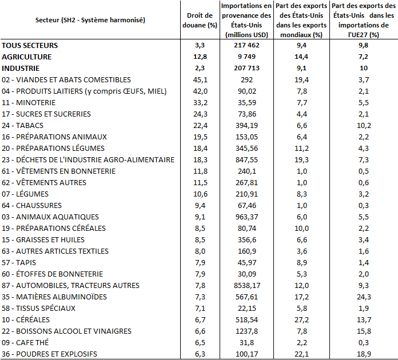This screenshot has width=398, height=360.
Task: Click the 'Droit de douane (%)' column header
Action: tap(200, 20)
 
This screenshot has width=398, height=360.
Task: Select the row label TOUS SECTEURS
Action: tap(30, 45)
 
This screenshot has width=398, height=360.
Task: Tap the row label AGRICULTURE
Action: tap(27, 57)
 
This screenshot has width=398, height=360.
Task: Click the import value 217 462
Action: tap(246, 45)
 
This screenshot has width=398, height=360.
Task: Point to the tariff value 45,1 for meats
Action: tap(200, 79)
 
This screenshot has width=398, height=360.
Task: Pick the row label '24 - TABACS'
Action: tap(23, 125)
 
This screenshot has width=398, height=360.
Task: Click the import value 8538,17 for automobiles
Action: tap(247, 285)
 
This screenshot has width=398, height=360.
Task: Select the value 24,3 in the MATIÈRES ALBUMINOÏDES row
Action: tap(364, 297)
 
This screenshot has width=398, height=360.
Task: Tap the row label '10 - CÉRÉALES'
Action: tap(26, 319)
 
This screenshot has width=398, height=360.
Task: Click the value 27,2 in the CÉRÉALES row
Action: tap(301, 319)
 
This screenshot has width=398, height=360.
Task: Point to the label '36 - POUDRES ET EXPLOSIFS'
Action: tap(50, 354)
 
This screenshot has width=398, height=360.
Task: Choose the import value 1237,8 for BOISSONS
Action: tap(247, 331)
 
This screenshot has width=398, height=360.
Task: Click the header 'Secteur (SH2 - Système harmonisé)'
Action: tap(90, 20)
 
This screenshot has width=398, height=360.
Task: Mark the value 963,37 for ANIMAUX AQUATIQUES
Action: tap(246, 217)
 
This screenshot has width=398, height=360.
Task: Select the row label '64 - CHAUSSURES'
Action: tap(31, 206)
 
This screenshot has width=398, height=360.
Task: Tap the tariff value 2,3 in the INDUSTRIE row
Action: tap(200, 68)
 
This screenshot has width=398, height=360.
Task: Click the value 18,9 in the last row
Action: tap(364, 354)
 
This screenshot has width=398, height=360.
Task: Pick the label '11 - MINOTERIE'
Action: tap(29, 102)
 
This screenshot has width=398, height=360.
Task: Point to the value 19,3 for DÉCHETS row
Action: tap(301, 160)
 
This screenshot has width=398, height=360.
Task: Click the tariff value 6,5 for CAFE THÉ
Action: tap(200, 342)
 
